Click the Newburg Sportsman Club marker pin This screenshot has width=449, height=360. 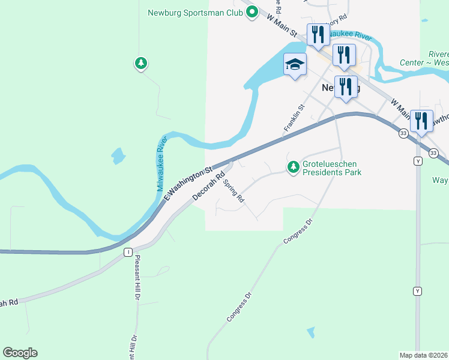253,11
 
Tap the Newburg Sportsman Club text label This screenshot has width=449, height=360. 195,11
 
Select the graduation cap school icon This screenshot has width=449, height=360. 295,65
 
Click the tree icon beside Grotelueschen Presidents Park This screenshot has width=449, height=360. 294,166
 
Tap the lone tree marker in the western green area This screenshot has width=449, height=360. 140,62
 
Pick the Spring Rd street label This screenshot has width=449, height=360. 234,190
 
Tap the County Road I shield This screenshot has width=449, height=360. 128,253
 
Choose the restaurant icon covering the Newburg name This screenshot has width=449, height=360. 345,86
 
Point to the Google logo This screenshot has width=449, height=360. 20,353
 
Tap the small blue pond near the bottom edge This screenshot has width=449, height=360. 310,332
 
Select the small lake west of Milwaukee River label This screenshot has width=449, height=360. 118,157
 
